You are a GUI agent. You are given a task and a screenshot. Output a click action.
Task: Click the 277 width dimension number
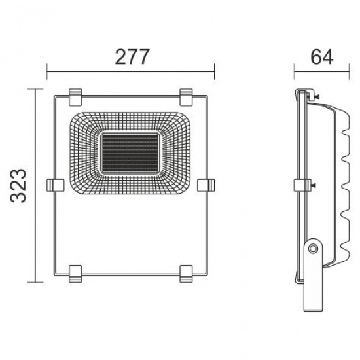[132, 57]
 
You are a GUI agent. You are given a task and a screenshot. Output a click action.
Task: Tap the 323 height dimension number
[19, 185]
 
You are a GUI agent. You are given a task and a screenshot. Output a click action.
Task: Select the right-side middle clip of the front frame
[206, 185]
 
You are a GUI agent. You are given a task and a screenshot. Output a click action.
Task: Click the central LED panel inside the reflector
[130, 153]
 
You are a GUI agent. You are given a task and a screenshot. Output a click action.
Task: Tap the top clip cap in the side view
[303, 93]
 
